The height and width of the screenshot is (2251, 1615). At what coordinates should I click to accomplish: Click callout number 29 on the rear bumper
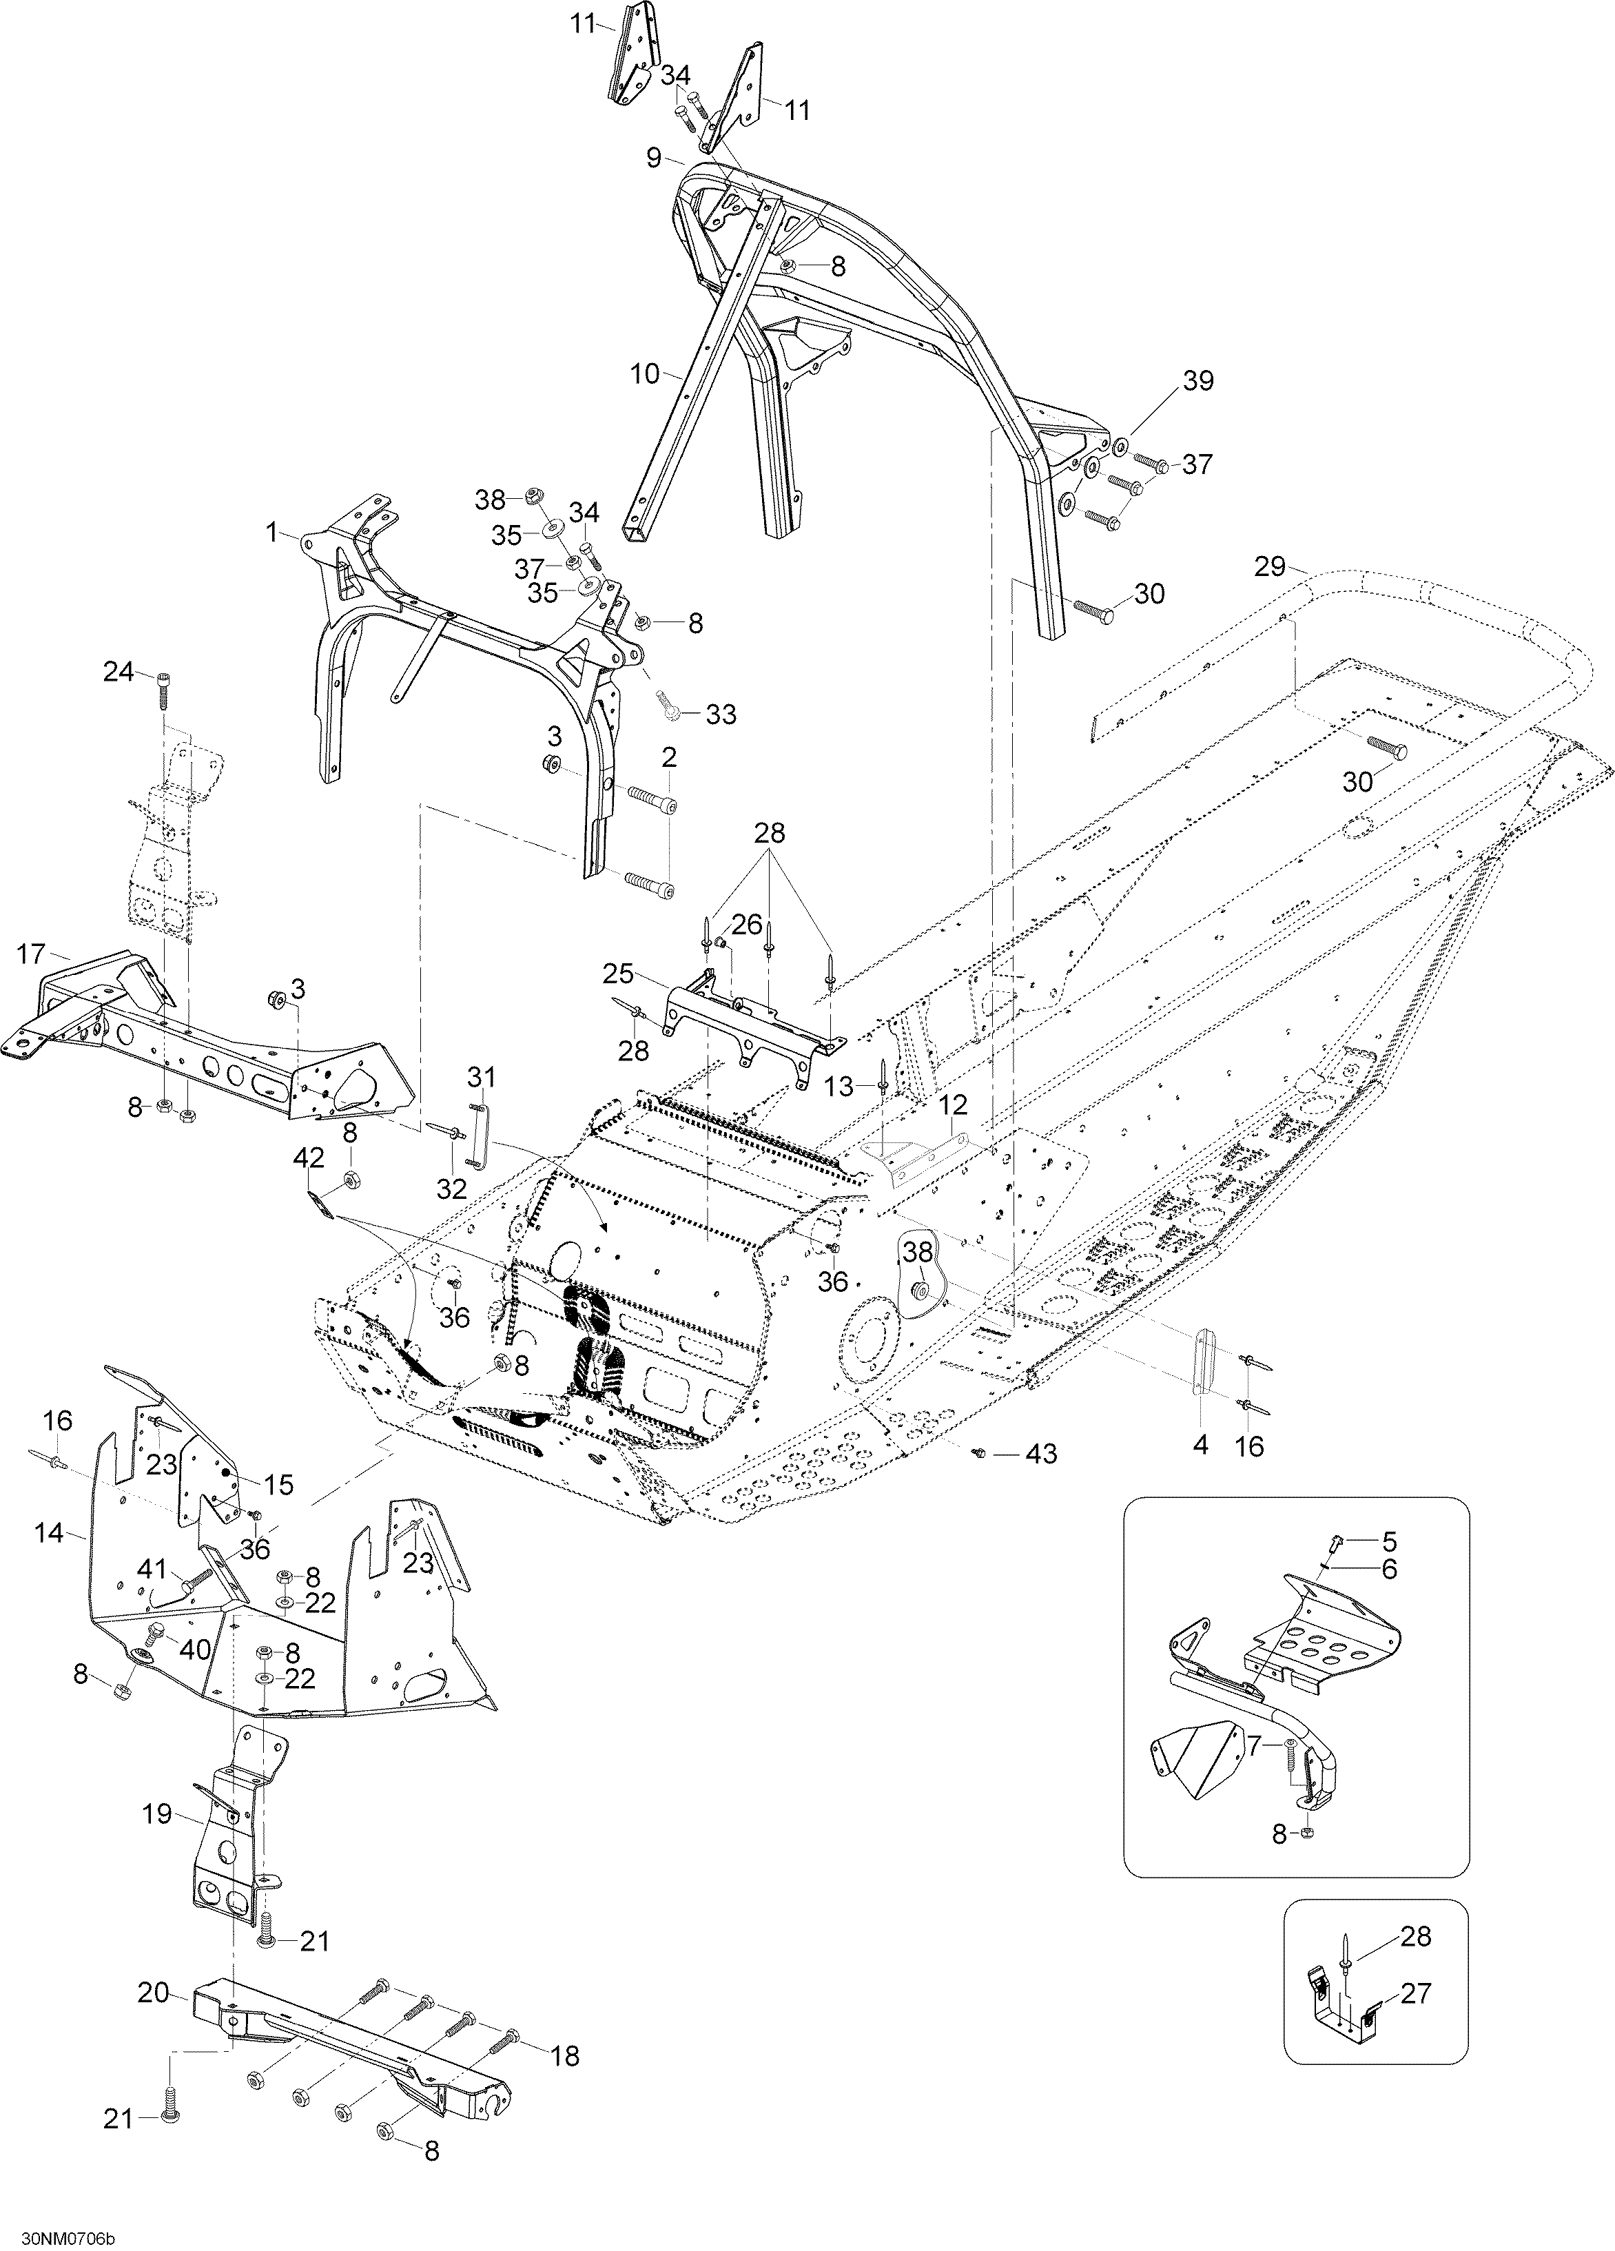pos(1270,568)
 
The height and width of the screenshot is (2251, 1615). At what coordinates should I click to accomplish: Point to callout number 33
pos(721,714)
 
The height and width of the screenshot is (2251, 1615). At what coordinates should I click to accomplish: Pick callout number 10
pos(645,373)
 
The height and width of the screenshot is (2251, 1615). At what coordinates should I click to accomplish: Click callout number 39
pos(1198,381)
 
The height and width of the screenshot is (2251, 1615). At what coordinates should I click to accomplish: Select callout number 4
pos(1201,1446)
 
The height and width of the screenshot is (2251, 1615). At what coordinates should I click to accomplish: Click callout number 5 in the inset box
pos(1389,1542)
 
